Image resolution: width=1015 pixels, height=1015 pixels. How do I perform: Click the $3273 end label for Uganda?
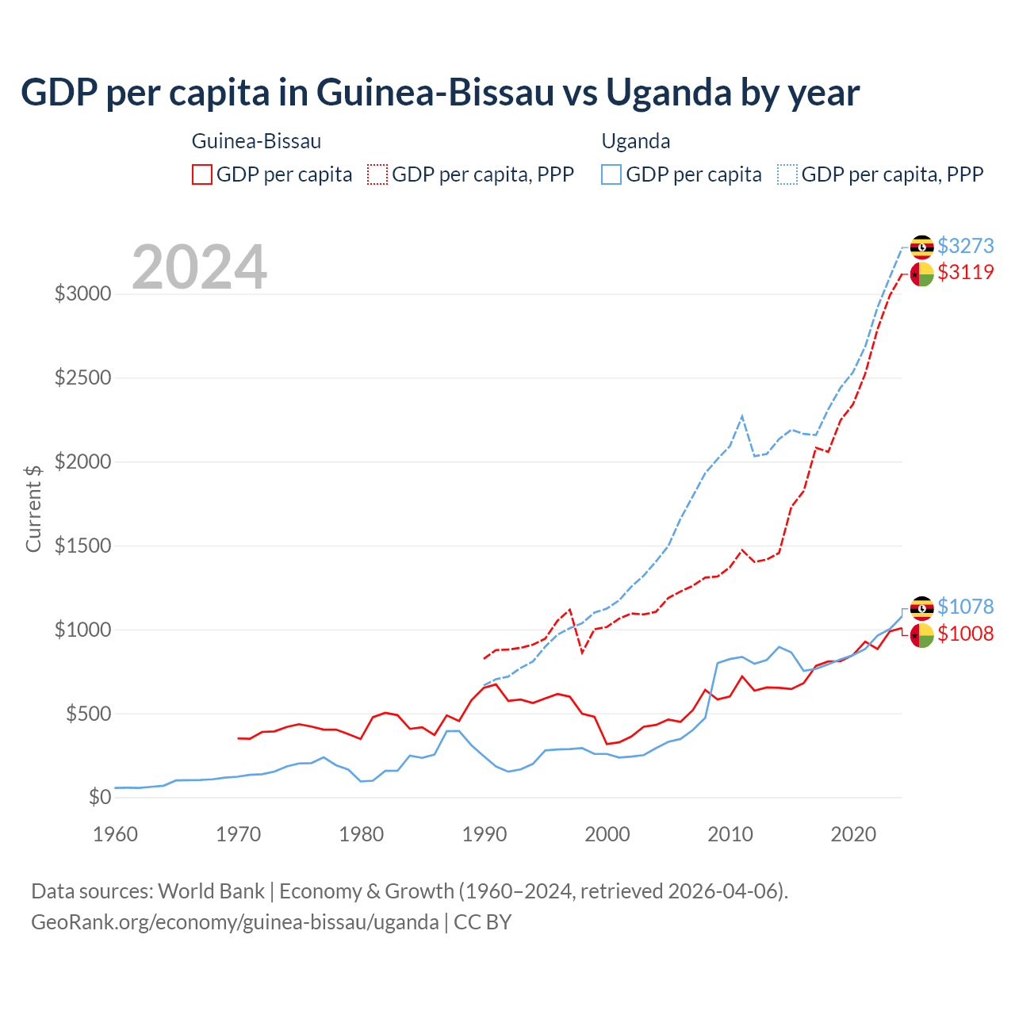tap(965, 246)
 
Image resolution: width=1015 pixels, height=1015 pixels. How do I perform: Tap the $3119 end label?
tap(965, 272)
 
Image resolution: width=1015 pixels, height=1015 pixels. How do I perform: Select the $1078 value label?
tap(965, 607)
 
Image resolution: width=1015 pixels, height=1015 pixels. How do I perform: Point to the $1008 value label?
tap(965, 634)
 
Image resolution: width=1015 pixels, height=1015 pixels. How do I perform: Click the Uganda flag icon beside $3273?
tap(921, 247)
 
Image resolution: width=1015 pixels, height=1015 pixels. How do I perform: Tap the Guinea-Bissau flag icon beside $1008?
tap(921, 635)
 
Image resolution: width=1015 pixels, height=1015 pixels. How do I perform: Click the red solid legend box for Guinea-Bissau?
tap(202, 174)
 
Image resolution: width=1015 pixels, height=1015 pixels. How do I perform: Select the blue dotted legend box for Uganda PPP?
tap(787, 174)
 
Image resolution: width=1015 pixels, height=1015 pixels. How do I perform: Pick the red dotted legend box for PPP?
tap(378, 174)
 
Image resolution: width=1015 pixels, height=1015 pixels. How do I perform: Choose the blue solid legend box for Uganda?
tap(611, 174)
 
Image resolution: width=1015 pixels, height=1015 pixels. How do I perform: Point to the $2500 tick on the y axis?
tap(82, 377)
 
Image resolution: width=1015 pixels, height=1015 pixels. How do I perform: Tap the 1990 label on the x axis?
tap(485, 834)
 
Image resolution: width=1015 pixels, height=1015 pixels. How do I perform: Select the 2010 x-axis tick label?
tap(730, 834)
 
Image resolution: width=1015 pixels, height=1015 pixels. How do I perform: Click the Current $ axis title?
tap(33, 508)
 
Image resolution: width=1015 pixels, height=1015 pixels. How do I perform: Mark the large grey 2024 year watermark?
tap(199, 267)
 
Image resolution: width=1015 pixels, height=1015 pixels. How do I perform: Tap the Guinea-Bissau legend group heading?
tap(256, 141)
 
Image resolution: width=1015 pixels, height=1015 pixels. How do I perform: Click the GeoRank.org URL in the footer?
tap(235, 922)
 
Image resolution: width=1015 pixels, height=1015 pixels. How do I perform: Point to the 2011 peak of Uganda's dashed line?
tap(742, 416)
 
